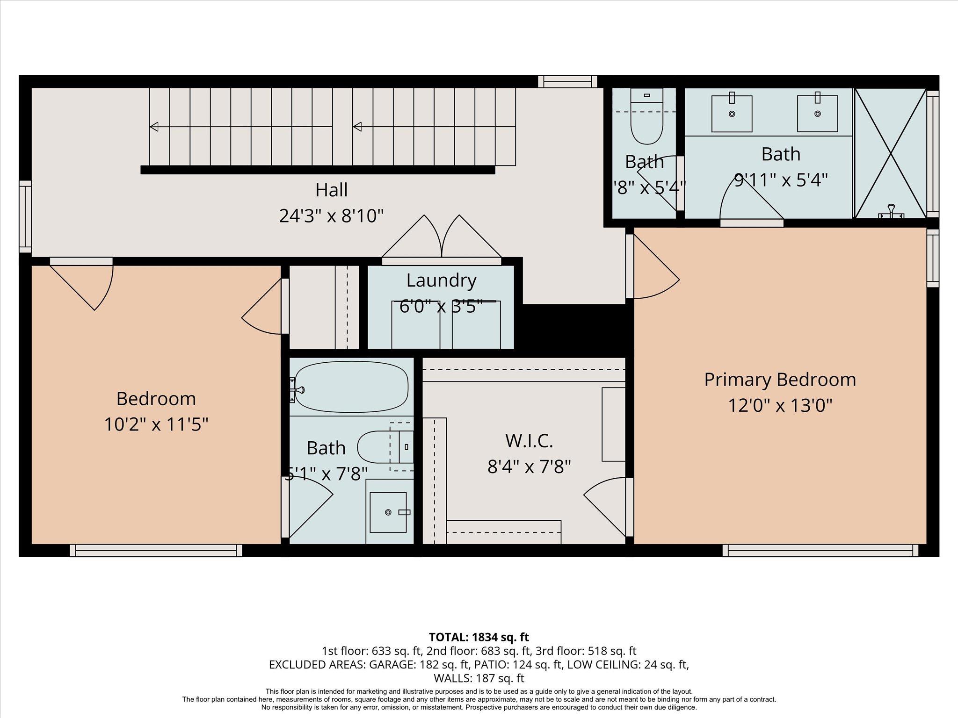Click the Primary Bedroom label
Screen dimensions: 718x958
tap(780, 380)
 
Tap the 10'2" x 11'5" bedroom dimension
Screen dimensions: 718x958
tap(156, 424)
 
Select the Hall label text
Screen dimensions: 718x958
tap(331, 190)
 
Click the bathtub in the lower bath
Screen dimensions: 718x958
tap(351, 388)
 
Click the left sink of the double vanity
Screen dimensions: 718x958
tap(732, 113)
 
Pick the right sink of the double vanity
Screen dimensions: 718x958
tap(817, 113)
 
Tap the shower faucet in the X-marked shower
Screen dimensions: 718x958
tap(891, 211)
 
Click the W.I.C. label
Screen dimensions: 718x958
tap(529, 440)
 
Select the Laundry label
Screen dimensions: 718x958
tap(441, 280)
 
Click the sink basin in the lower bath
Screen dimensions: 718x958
tap(388, 512)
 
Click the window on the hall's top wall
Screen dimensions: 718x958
tap(567, 82)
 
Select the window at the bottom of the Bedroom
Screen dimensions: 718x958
tap(156, 551)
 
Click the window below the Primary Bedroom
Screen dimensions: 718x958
tap(820, 551)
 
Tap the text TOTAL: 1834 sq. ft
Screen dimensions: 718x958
tap(479, 637)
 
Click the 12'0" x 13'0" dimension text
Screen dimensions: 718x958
tap(780, 405)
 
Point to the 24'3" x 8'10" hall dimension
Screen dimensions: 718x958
tap(331, 216)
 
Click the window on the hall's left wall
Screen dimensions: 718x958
tap(25, 217)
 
